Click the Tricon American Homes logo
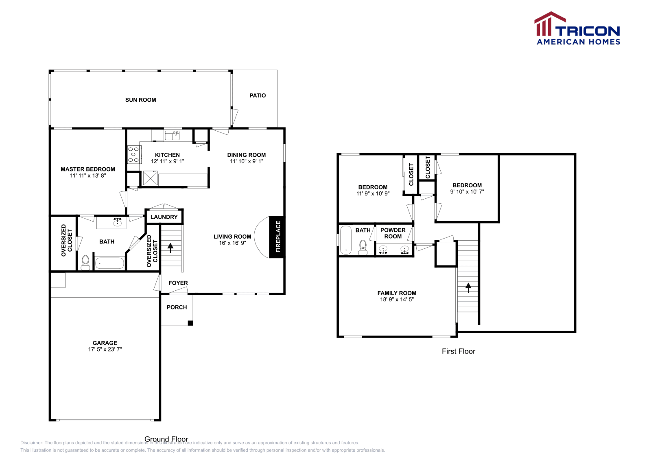point(577,29)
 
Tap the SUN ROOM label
point(140,100)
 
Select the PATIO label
point(258,95)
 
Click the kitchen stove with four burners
point(134,155)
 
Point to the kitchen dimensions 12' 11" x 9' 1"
point(167,161)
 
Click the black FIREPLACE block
point(277,237)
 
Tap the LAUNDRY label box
point(164,217)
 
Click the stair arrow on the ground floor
point(170,247)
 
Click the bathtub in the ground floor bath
point(109,263)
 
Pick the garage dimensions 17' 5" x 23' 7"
point(105,349)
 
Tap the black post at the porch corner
point(190,323)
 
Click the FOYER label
point(178,283)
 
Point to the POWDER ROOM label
point(393,233)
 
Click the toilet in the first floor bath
point(363,247)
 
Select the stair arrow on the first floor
point(468,288)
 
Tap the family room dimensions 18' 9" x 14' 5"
point(397,299)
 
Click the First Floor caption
point(459,351)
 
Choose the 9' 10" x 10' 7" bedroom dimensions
point(467,191)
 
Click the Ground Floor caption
point(166,439)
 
